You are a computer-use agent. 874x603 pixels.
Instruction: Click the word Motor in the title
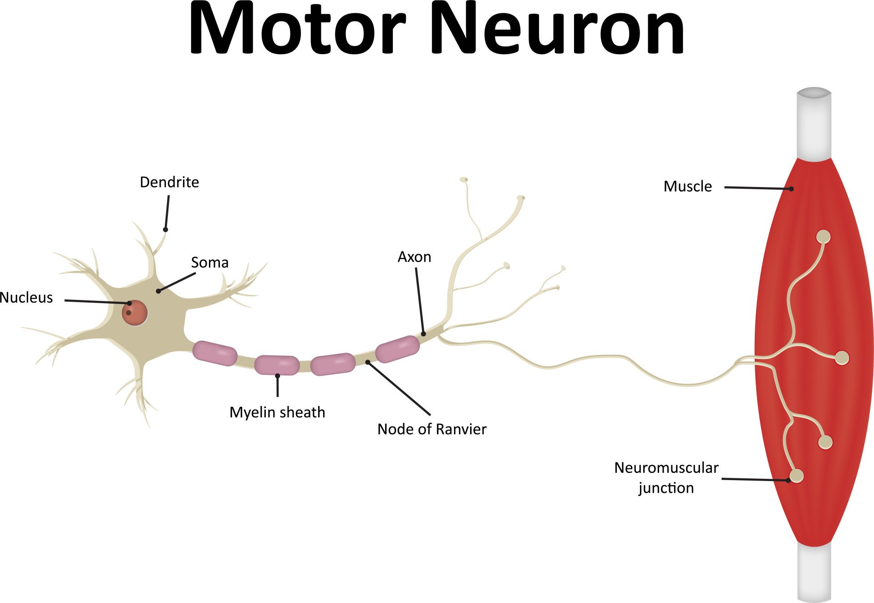click(297, 29)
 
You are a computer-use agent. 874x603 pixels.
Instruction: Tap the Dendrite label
click(169, 182)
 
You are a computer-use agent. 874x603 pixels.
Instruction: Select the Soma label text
click(209, 263)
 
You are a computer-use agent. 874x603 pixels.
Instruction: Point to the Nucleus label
click(26, 298)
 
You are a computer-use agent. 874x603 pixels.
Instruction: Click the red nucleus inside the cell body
click(135, 313)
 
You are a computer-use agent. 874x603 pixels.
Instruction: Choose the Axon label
click(414, 257)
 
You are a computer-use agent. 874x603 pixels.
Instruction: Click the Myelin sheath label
click(277, 412)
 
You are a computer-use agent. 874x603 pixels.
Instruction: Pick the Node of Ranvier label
click(432, 429)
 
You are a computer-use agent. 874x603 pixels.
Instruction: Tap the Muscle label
click(687, 187)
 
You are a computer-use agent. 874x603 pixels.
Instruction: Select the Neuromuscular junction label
click(666, 477)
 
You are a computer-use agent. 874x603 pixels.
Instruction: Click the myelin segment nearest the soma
click(214, 354)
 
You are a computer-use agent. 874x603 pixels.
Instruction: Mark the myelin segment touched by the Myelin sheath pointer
click(277, 365)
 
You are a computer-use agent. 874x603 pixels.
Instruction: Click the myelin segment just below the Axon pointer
click(397, 349)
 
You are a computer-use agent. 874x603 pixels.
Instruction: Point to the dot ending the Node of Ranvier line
click(367, 362)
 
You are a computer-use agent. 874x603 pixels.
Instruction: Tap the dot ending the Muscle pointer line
click(791, 189)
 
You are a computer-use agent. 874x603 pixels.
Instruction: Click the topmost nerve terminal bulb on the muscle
click(823, 237)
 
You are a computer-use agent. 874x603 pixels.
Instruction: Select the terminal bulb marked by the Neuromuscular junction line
click(797, 476)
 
